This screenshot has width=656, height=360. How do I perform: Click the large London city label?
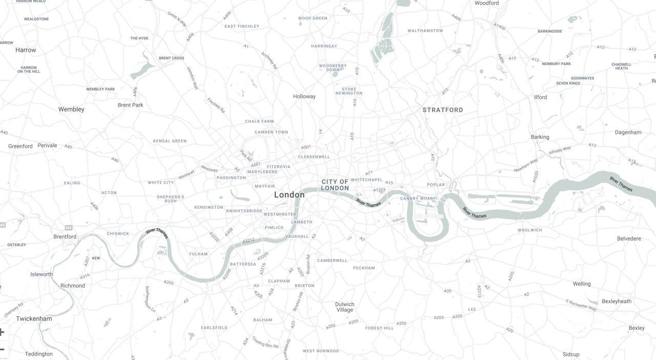pos(289,195)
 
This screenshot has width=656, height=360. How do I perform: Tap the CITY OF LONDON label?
pos(335,185)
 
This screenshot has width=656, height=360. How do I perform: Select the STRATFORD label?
pos(443,110)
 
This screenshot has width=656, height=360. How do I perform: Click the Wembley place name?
pos(71,109)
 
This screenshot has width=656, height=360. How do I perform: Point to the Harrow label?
pos(26,50)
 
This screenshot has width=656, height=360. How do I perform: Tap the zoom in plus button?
pos(2,332)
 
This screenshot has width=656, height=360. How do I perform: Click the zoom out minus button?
pos(2,350)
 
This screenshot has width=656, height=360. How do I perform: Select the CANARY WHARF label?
pos(417,198)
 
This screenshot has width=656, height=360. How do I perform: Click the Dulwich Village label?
pos(344,307)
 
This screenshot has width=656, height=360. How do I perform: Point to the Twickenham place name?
pos(34,319)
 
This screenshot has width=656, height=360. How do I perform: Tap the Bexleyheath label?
pos(617,302)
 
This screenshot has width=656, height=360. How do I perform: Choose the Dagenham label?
pos(628,132)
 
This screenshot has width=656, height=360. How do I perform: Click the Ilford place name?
pos(540,97)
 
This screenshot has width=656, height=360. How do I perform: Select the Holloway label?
pos(304,96)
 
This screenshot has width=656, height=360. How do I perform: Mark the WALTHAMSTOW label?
pos(425,31)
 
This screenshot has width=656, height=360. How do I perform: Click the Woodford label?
pos(486,3)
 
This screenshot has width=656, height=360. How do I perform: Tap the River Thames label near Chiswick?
pos(157,233)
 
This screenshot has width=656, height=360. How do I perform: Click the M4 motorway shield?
pos(68,227)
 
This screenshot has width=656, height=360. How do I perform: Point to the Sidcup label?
pos(570,354)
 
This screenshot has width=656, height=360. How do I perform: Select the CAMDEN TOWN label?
pos(271,132)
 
